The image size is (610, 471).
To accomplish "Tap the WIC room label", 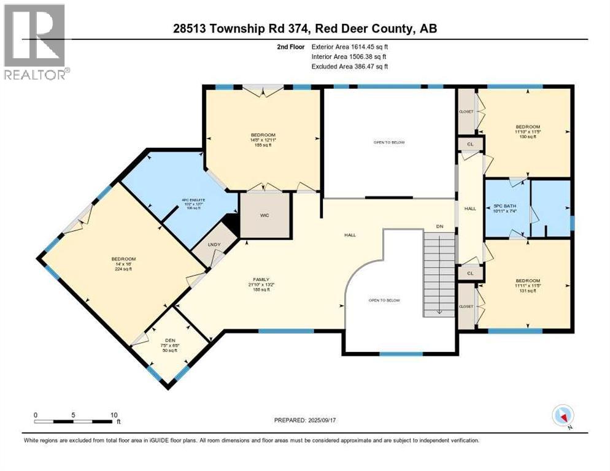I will click(x=264, y=215).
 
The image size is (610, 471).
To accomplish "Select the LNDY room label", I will click(x=214, y=246).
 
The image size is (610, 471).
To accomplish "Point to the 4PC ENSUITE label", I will click(x=191, y=203).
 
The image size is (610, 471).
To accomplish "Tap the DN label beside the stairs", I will click(x=439, y=226).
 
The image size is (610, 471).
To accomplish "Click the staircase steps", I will click(x=439, y=274).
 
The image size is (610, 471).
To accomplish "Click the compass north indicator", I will click(x=562, y=416).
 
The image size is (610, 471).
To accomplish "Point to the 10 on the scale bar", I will click(x=114, y=415).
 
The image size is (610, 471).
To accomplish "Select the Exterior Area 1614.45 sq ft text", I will click(x=350, y=46).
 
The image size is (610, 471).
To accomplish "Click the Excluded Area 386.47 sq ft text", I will click(x=350, y=66).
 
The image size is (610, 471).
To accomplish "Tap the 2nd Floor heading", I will click(x=290, y=46).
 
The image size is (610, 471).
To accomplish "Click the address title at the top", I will click(x=305, y=29).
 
